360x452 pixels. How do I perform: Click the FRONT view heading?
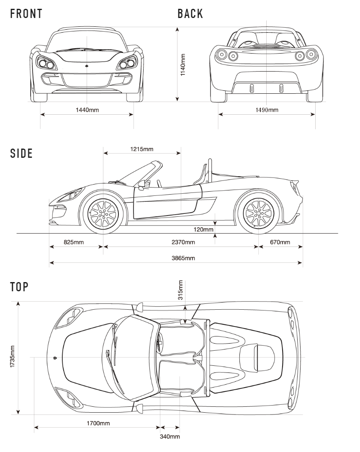26,14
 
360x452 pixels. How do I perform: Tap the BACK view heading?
190,14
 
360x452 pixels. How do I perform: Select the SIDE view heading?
21,153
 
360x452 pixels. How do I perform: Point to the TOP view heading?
19,287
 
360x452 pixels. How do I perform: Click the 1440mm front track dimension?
87,110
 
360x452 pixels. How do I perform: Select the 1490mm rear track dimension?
267,110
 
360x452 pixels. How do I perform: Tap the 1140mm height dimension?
183,65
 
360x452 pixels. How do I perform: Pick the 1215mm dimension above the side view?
142,149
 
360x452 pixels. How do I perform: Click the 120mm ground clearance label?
203,229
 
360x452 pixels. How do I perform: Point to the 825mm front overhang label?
74,242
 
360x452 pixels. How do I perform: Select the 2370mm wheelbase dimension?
183,242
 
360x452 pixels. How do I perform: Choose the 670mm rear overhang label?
280,242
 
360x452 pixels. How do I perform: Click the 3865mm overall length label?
183,258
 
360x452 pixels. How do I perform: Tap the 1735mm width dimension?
13,357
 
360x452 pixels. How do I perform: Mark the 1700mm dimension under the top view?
98,423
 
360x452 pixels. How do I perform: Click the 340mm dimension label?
170,437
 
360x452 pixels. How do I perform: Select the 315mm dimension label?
180,290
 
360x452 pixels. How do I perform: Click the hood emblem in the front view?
87,66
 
